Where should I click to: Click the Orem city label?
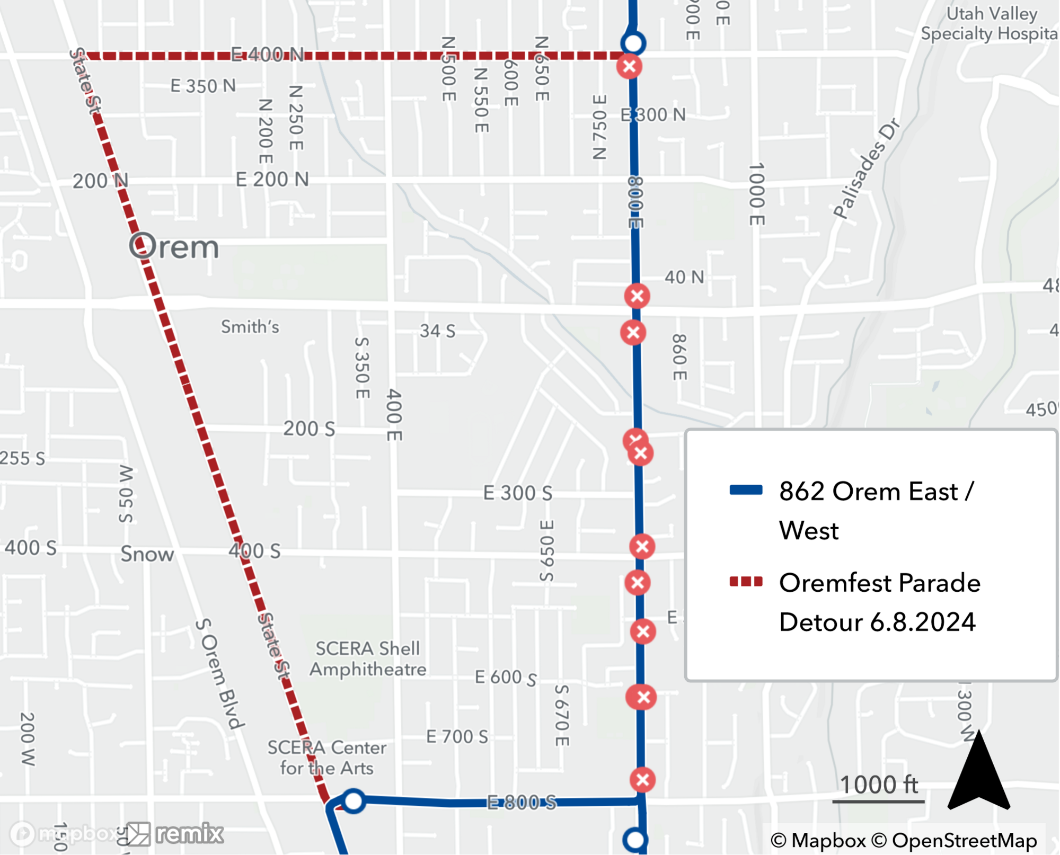point(174,247)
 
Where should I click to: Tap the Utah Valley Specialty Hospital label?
point(989,24)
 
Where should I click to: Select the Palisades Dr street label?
point(867,168)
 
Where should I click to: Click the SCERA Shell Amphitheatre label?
point(368,658)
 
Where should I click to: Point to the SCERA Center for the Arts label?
point(327,758)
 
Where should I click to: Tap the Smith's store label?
point(250,327)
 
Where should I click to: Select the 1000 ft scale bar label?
point(879,785)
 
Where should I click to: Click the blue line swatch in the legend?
point(746,490)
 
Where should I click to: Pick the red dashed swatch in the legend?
point(746,582)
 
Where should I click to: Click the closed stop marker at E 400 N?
point(629,67)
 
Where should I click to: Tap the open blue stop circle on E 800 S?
point(354,800)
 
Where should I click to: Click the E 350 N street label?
point(203,86)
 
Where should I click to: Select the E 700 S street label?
point(457,736)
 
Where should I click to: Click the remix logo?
point(175,834)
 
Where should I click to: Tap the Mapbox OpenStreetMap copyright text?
point(904,840)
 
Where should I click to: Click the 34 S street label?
point(437,331)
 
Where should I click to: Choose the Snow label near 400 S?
point(147,554)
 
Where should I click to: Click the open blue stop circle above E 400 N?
point(633,43)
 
